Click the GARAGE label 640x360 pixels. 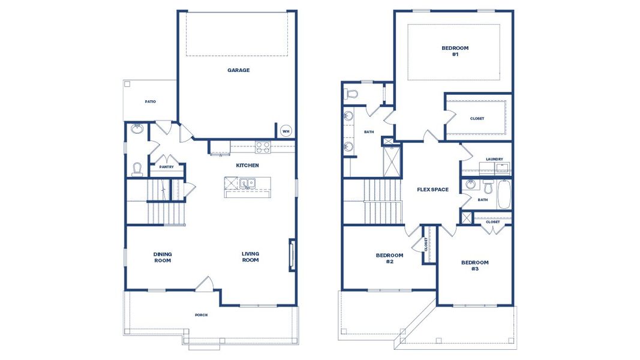[x=238, y=70]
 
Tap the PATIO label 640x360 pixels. [x=150, y=101]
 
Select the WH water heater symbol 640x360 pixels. [x=286, y=132]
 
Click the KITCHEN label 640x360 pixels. [x=247, y=164]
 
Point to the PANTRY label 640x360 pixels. [x=166, y=167]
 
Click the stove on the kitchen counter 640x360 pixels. [x=263, y=145]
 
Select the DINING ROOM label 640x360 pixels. [x=162, y=257]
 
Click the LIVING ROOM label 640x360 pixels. [x=250, y=257]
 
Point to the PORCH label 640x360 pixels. [x=201, y=315]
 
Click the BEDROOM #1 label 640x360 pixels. [x=455, y=51]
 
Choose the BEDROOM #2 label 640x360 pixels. [x=389, y=259]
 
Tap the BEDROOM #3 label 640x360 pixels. [x=474, y=266]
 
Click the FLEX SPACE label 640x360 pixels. [x=432, y=190]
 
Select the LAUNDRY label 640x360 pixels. [x=495, y=159]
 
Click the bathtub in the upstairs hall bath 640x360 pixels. [x=503, y=194]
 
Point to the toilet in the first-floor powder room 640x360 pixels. [x=137, y=169]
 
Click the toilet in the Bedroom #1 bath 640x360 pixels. [x=351, y=94]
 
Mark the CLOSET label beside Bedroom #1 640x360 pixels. [x=477, y=118]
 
